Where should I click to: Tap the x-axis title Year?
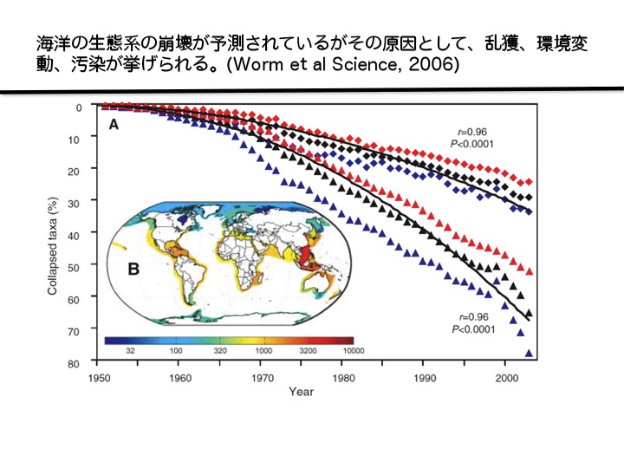pos(302,393)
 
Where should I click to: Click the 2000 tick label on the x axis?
pos(506,378)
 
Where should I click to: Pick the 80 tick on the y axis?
pos(75,362)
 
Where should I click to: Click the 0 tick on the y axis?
pos(79,107)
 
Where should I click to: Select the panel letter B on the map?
pos(134,269)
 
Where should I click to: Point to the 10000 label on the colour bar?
pos(352,349)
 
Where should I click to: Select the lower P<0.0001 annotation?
pos(472,330)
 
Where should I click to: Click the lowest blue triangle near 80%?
pos(529,353)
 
